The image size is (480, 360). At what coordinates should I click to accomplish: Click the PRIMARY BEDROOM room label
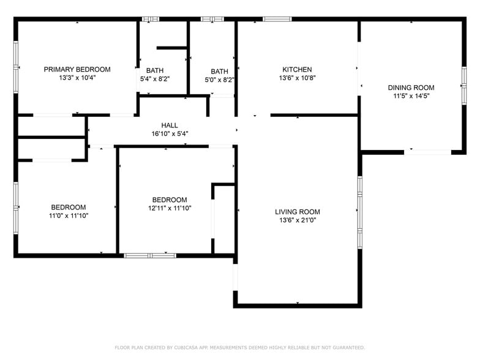click(77, 69)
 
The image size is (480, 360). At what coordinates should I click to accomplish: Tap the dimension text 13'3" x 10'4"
click(77, 78)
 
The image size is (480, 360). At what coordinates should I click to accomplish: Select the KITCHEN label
click(297, 70)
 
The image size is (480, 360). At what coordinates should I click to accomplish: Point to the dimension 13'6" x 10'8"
click(297, 78)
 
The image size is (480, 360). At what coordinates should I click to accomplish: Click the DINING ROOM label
click(411, 88)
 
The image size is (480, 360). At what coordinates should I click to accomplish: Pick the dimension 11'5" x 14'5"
click(411, 96)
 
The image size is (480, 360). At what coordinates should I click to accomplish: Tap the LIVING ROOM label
click(298, 212)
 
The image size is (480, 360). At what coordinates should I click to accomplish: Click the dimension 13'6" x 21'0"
click(298, 220)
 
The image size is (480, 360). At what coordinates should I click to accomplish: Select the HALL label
click(170, 126)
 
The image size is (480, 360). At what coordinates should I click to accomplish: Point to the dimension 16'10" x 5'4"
click(170, 134)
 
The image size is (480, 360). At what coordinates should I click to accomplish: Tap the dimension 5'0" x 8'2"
click(219, 80)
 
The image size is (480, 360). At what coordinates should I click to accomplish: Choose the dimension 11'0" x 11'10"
click(69, 216)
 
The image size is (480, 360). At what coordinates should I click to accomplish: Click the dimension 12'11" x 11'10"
click(170, 208)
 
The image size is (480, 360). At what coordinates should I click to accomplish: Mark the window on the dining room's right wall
click(463, 86)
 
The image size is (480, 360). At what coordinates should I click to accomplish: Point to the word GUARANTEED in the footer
click(345, 348)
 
